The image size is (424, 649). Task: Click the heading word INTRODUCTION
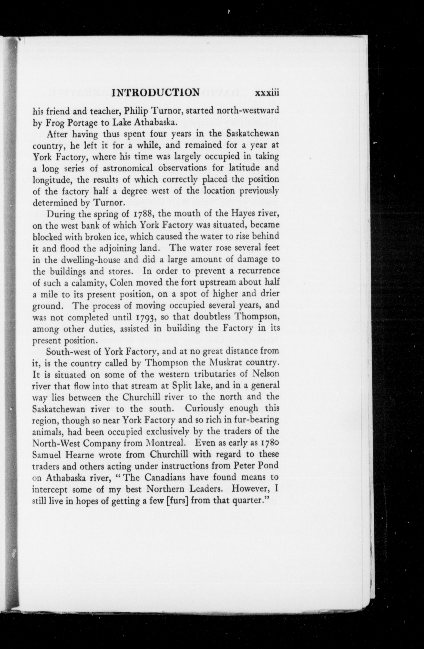coord(156,92)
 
